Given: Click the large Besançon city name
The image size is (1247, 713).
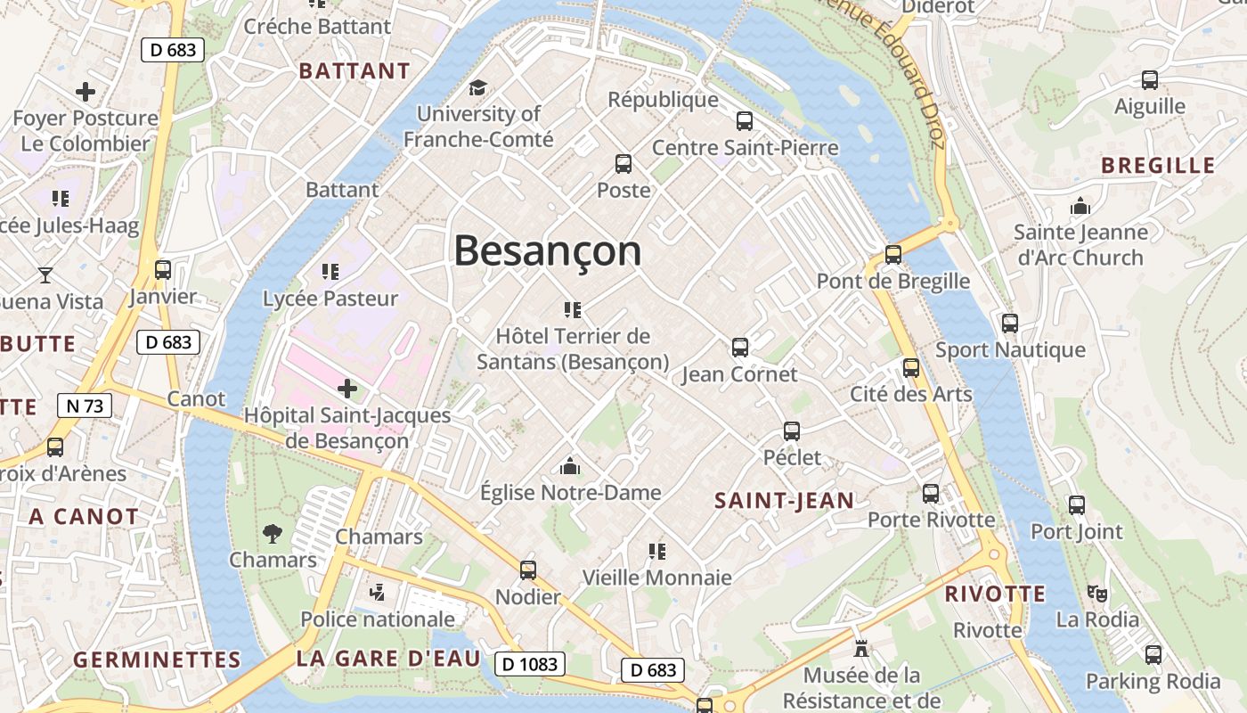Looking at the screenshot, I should (x=547, y=251).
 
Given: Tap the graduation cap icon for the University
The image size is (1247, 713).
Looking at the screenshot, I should (x=478, y=87).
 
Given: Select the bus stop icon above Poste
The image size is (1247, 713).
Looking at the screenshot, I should (x=623, y=164).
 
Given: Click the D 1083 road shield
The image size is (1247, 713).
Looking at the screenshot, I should (x=530, y=664).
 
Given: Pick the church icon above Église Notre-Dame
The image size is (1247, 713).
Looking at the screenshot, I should (x=570, y=465).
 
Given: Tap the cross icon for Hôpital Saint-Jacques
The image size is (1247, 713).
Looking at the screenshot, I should (x=347, y=389).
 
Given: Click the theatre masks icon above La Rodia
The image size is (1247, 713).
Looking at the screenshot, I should (x=1097, y=593).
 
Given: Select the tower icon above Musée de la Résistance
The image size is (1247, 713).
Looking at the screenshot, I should (x=860, y=648).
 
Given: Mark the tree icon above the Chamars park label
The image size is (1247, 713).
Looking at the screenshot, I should (x=273, y=534).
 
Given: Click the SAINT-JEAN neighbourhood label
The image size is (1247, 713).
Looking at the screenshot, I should (x=784, y=501).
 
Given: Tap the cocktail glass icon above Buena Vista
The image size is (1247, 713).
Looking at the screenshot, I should (x=45, y=275).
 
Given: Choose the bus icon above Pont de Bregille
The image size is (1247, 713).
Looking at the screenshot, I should (x=893, y=255).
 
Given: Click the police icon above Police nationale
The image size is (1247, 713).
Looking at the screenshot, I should (x=378, y=592).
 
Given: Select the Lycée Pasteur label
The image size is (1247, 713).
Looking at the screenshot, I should (x=330, y=299).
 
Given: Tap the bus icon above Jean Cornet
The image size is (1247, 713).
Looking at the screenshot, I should (x=739, y=348).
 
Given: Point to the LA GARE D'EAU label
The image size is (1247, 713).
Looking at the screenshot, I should (x=388, y=660).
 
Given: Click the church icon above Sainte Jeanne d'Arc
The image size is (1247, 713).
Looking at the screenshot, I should (x=1080, y=206).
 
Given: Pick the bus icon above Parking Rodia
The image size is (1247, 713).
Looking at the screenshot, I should (x=1153, y=655).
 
